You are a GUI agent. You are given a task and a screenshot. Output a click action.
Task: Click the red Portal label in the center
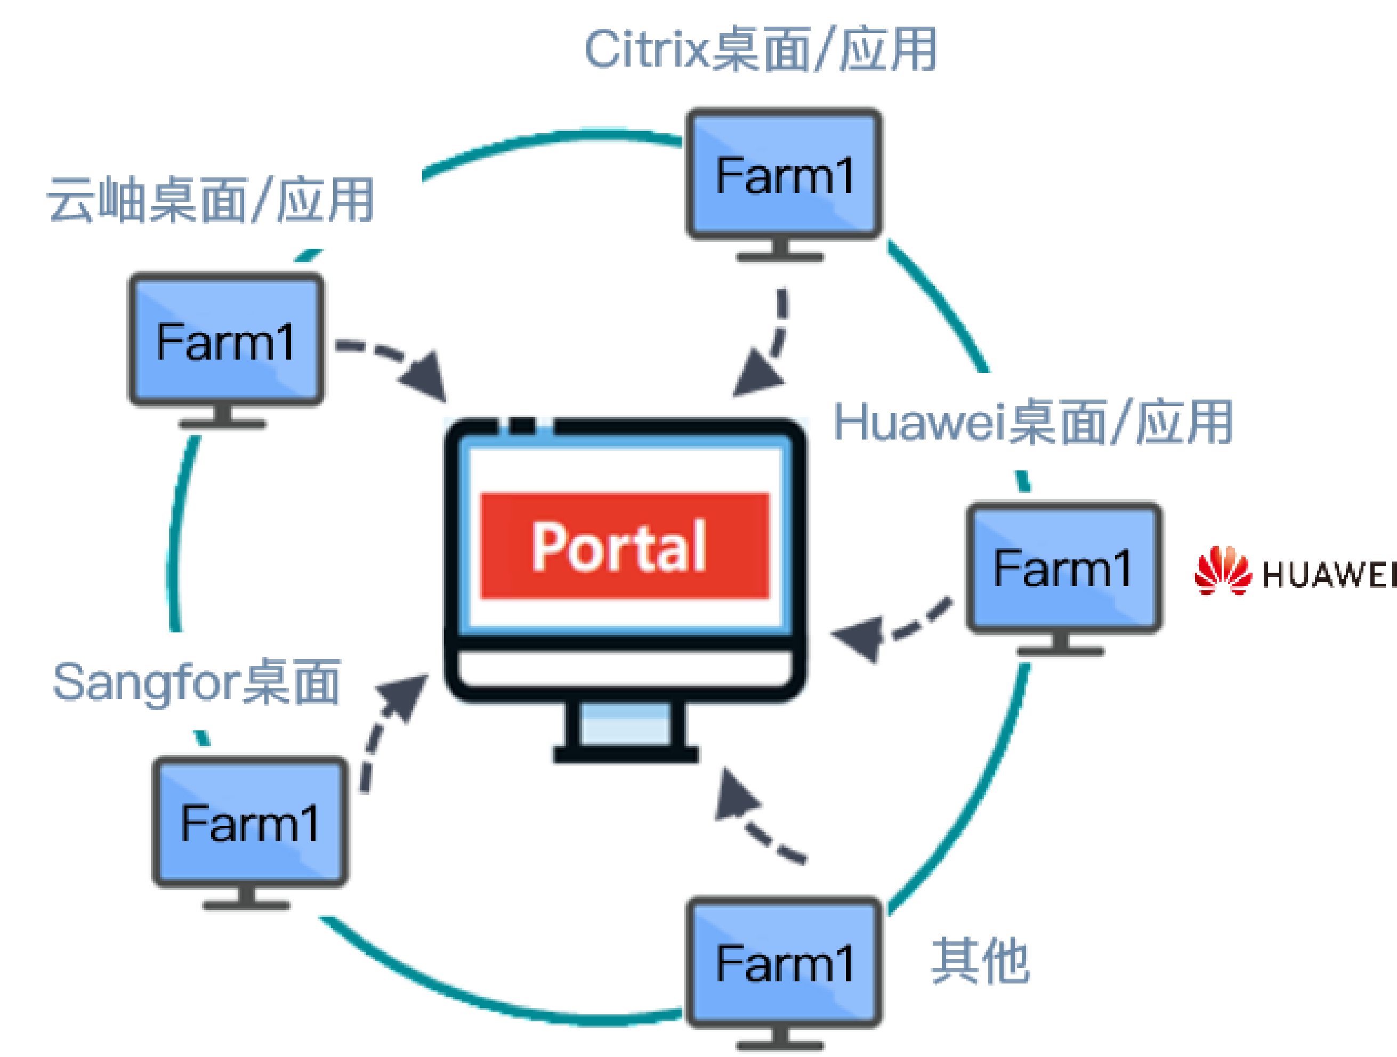[x=624, y=546]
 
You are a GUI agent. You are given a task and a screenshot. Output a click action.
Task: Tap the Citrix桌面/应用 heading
[x=760, y=49]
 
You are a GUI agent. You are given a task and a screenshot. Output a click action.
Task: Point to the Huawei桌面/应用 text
[x=1032, y=422]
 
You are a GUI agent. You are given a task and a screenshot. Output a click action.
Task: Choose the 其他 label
[x=980, y=961]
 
